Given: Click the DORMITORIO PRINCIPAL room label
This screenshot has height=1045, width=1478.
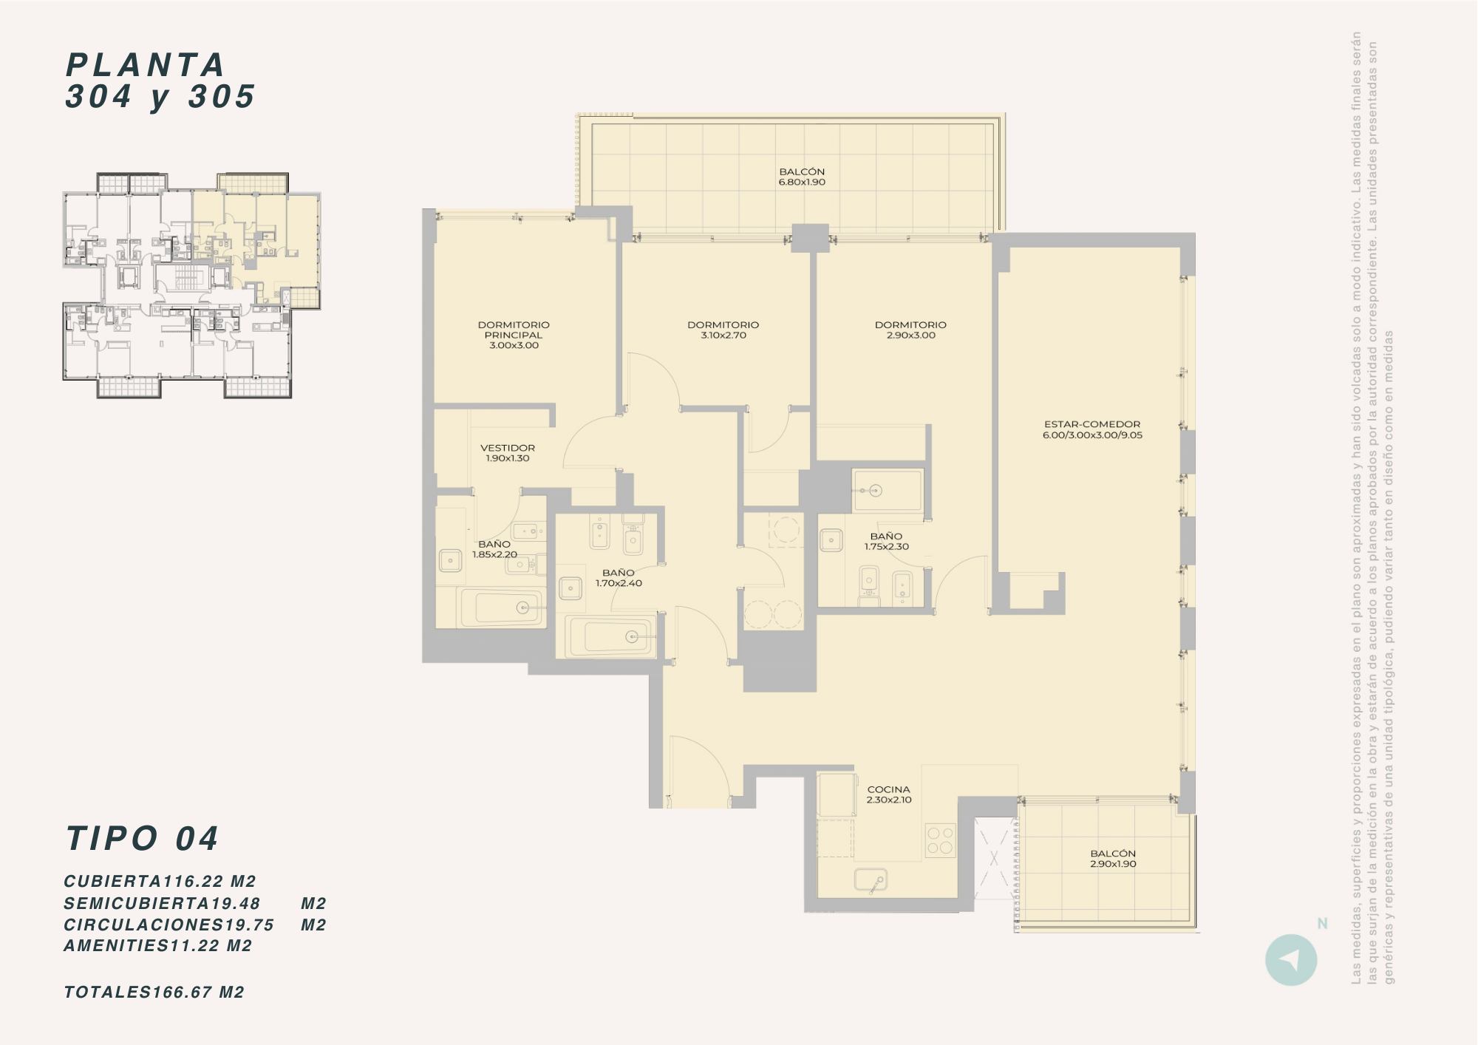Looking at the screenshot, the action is [x=514, y=335].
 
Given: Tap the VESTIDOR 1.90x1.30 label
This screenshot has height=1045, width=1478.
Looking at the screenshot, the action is [x=508, y=453].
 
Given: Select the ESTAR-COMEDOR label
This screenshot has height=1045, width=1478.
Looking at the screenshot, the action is [x=1092, y=429].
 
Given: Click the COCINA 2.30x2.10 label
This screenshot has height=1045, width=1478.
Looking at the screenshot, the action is [x=889, y=794].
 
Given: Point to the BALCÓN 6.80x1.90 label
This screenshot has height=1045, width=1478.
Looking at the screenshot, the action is [x=802, y=177].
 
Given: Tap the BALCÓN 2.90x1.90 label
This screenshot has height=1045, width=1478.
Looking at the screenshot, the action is [x=1113, y=859].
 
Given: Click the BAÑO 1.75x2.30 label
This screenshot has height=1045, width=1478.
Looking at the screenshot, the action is [x=886, y=542].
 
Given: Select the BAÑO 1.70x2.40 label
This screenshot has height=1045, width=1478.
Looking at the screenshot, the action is [x=619, y=578].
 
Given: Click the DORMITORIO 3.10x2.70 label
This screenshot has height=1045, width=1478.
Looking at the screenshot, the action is [x=723, y=330].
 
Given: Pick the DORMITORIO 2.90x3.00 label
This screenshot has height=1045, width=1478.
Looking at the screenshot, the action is [x=910, y=330].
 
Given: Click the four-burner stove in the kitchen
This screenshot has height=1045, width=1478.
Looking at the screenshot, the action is [x=940, y=840].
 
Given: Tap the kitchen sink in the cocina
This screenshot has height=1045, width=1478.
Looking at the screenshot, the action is [x=871, y=879].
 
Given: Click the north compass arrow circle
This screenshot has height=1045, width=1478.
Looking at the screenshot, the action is [x=1291, y=960].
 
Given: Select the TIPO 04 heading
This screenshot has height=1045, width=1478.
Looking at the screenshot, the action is [x=143, y=839].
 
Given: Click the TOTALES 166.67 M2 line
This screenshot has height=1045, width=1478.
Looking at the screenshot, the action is [x=154, y=993].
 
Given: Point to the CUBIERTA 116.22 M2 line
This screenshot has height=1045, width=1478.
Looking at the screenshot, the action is [x=160, y=882].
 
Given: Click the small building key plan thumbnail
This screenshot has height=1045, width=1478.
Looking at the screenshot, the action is [x=192, y=285].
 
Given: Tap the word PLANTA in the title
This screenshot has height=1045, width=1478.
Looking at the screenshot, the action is [x=146, y=65].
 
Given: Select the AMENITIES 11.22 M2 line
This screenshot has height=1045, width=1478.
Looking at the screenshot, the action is [x=158, y=946].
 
